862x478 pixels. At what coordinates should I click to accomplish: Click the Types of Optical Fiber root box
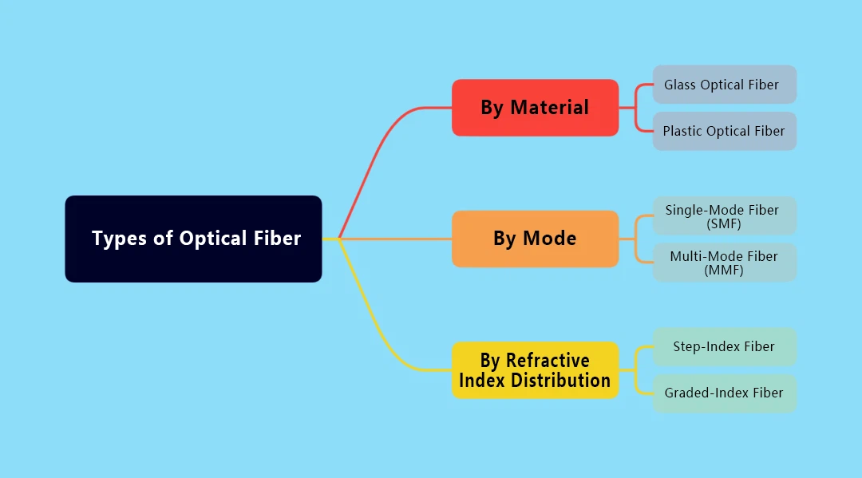click(x=193, y=239)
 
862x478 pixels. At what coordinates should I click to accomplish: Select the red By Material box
click(x=535, y=108)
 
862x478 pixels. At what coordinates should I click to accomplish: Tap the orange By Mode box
click(x=535, y=239)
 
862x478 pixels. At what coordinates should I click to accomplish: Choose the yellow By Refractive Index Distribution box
click(x=535, y=370)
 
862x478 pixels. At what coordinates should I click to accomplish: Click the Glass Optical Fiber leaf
click(x=724, y=85)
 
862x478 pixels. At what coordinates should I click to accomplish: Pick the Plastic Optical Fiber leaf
click(x=724, y=131)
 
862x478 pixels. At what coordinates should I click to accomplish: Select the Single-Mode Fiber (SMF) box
click(x=724, y=216)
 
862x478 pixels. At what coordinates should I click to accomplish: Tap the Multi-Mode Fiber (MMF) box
click(x=724, y=263)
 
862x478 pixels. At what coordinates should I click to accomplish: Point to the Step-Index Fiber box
click(x=724, y=346)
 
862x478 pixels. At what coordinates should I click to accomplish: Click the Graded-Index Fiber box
click(x=724, y=393)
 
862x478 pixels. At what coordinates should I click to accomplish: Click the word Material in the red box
click(x=549, y=108)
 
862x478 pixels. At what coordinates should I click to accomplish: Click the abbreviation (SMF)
click(x=724, y=224)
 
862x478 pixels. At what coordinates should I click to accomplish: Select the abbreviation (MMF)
click(x=724, y=271)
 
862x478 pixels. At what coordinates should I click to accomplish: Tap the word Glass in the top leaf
click(x=680, y=85)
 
